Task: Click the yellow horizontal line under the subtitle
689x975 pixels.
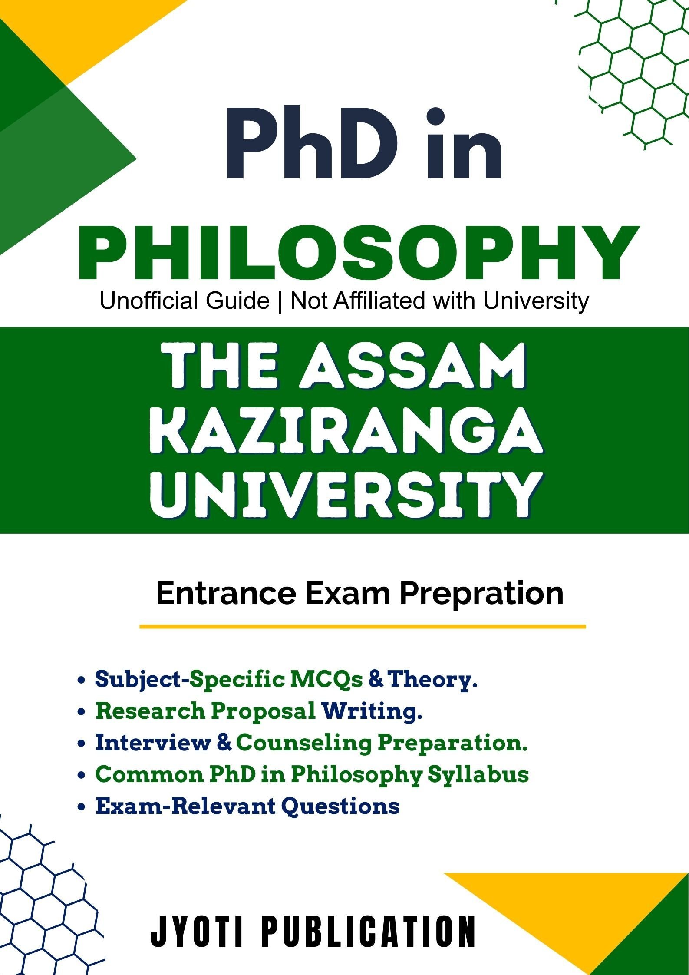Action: [363, 627]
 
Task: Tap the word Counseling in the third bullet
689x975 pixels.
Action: [303, 743]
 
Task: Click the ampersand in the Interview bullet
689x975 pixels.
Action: [224, 743]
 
